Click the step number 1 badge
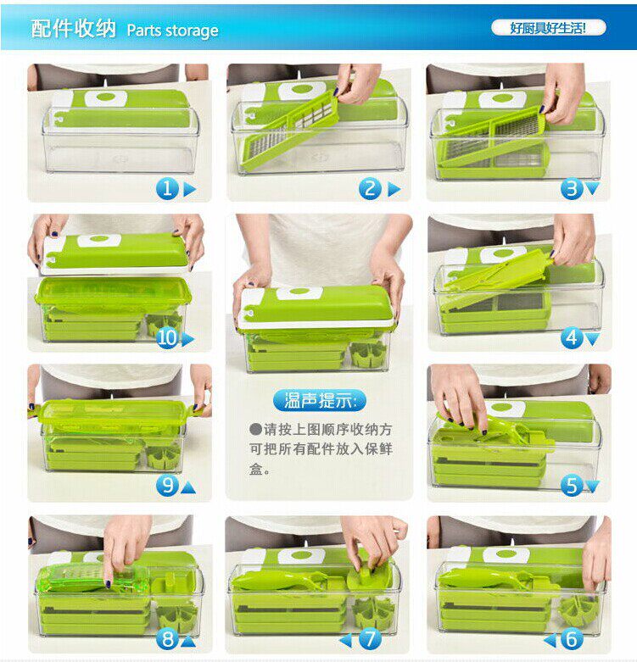click(167, 189)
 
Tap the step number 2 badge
click(370, 189)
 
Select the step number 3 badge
click(572, 189)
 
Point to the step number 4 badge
click(572, 338)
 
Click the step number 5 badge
click(572, 486)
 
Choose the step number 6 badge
click(572, 639)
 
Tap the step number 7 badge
click(370, 639)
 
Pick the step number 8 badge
click(167, 639)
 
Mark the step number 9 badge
click(167, 486)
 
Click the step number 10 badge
click(167, 338)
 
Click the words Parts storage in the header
click(172, 31)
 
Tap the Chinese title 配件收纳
click(73, 29)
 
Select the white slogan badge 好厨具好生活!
click(548, 28)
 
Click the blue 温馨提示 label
click(319, 400)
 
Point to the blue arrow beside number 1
click(189, 190)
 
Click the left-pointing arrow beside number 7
click(345, 641)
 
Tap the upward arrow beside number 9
click(188, 488)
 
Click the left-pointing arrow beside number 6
click(550, 641)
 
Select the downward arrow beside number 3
click(592, 188)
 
